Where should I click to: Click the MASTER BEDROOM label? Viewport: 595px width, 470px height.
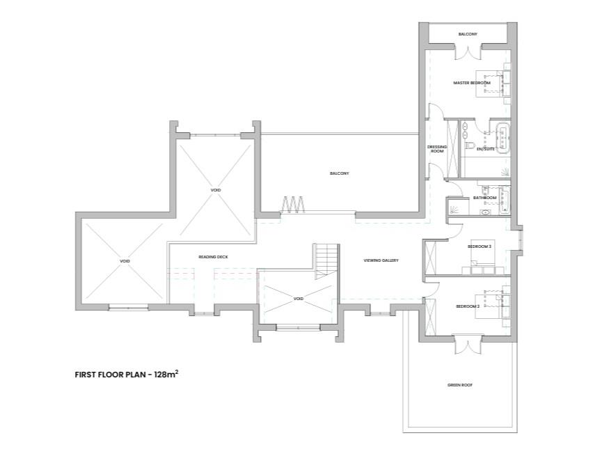[x=472, y=83]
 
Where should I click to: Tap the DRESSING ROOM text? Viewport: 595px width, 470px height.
[x=436, y=149]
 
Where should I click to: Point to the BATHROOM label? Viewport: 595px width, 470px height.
[x=484, y=198]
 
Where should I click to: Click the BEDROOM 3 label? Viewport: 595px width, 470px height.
[x=479, y=246]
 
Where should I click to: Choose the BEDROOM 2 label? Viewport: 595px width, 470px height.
[x=468, y=306]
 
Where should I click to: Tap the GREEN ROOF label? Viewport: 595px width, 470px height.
[x=459, y=384]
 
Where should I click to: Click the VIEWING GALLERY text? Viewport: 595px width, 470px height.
[x=381, y=260]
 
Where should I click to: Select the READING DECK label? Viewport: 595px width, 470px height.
[x=213, y=257]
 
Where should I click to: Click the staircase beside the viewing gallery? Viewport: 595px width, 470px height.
[x=326, y=260]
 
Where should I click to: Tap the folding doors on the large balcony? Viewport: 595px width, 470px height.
[x=294, y=205]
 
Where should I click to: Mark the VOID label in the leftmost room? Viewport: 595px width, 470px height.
[x=125, y=261]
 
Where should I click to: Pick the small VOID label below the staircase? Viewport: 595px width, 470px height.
[x=299, y=299]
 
